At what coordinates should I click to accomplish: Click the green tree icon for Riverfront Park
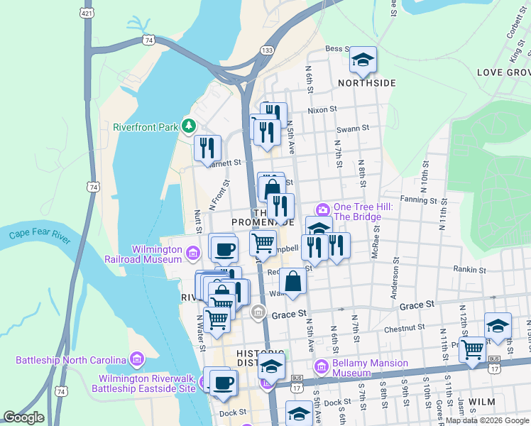tap(188, 126)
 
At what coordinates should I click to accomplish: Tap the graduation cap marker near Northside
tap(363, 60)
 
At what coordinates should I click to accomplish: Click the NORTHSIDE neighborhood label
tap(366, 83)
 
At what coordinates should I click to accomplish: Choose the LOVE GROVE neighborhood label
tap(504, 72)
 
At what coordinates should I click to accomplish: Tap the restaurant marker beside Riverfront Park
tap(208, 148)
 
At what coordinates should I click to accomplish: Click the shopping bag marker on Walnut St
tap(292, 282)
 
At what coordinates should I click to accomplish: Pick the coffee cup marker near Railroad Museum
tap(225, 249)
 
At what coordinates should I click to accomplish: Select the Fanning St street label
tap(417, 200)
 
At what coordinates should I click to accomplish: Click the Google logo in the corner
tap(23, 417)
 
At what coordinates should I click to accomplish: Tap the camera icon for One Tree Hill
tap(323, 209)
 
